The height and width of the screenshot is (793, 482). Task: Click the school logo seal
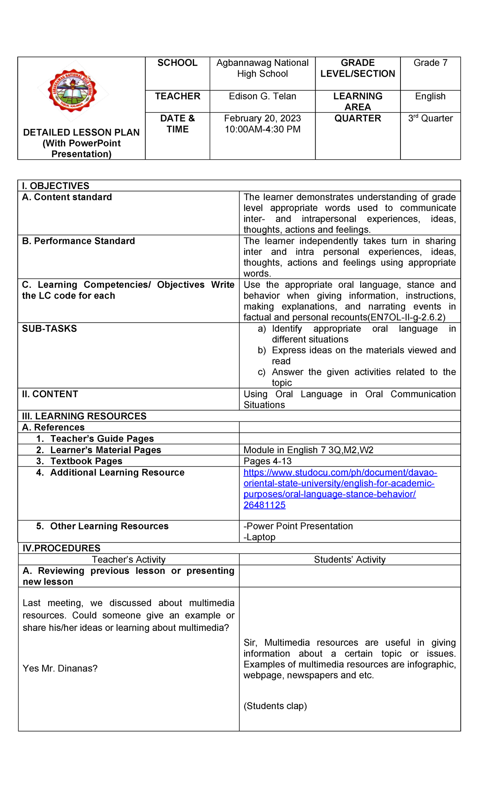(73, 91)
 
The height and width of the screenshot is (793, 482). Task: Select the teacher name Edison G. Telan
(262, 96)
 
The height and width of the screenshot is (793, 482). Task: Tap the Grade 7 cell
(430, 63)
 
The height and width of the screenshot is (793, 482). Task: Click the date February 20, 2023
(262, 118)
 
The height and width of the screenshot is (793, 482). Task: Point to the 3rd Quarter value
(430, 118)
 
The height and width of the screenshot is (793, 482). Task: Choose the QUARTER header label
(357, 118)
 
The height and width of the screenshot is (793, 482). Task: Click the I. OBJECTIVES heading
(56, 186)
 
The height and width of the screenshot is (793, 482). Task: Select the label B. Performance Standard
(78, 241)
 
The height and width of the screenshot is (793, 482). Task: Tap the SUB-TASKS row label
(49, 329)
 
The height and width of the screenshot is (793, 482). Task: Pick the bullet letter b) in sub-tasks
(262, 350)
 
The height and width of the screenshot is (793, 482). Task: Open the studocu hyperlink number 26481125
(264, 505)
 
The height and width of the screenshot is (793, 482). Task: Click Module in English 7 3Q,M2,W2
(308, 450)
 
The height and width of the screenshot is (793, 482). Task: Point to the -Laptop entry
(259, 537)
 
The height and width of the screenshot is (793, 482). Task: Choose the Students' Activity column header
(349, 559)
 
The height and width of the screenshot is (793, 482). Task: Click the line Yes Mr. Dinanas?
(60, 668)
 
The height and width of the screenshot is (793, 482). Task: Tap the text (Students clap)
(275, 706)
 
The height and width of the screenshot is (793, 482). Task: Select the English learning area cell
(430, 96)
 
